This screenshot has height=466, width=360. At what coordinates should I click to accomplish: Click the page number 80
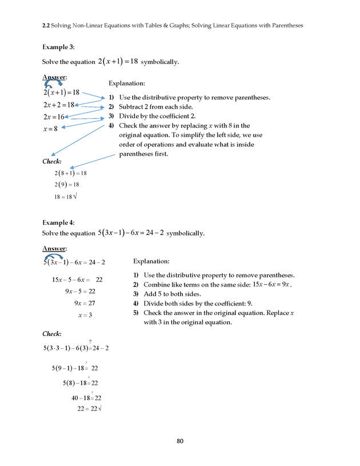(180, 441)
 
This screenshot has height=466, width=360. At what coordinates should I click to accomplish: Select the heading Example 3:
(58, 47)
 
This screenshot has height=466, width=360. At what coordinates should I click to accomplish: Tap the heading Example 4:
(58, 222)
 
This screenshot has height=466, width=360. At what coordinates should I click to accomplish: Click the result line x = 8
(50, 129)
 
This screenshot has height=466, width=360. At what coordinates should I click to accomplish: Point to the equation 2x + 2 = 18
(59, 105)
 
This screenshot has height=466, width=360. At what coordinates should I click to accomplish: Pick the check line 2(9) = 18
(66, 185)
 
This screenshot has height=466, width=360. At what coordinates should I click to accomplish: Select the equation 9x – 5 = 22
(79, 292)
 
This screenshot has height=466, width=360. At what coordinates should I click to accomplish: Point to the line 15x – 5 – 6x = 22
(77, 280)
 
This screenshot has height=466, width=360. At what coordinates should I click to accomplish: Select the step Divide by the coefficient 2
(161, 116)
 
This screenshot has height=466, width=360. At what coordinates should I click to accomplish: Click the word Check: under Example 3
(52, 162)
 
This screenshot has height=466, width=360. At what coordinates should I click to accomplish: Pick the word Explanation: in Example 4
(151, 261)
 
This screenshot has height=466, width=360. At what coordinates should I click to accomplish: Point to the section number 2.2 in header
(47, 25)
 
